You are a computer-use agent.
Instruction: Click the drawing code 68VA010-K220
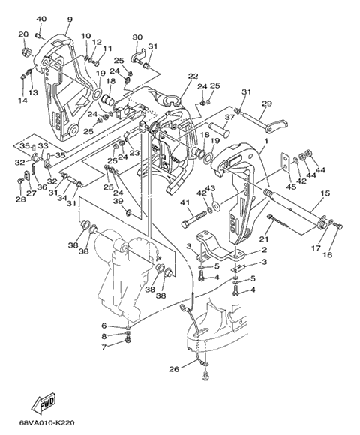46,423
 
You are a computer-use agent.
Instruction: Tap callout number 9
70,19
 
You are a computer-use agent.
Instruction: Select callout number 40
41,19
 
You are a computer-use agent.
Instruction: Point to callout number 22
193,76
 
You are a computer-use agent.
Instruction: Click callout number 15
325,193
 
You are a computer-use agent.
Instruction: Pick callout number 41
185,202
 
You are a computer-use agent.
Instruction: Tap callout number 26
174,369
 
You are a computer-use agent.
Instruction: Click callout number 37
229,117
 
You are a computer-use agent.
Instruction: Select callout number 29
267,103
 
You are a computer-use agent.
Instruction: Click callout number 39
118,200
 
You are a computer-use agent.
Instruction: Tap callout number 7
104,346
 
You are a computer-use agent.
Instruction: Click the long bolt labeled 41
193,219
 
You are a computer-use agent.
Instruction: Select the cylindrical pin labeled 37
219,130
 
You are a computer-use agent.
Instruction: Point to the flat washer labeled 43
215,205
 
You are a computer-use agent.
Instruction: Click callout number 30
137,37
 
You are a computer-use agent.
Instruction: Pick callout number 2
265,250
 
